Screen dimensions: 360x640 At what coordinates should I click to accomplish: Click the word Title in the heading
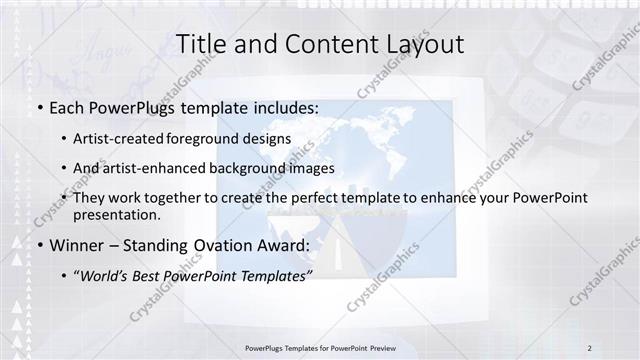pos(201,44)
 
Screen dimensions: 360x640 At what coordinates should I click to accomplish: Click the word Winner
pos(76,244)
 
